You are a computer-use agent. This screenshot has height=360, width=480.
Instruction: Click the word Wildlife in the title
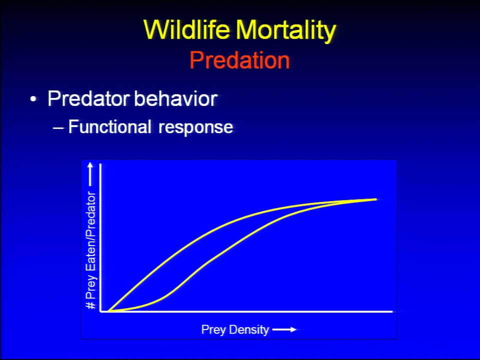[x=186, y=29]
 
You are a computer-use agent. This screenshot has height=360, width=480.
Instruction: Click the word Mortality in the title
[x=286, y=31]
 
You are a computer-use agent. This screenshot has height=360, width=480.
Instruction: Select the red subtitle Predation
[x=239, y=59]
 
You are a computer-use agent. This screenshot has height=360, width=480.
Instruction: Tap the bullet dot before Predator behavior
[x=33, y=99]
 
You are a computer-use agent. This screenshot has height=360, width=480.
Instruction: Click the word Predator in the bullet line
[x=88, y=98]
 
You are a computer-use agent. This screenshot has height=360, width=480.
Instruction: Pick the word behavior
[x=176, y=98]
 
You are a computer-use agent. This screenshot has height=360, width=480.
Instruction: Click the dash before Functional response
[x=58, y=127]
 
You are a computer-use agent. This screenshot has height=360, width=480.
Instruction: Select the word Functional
[x=109, y=126]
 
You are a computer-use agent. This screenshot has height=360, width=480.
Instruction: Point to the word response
[x=195, y=128]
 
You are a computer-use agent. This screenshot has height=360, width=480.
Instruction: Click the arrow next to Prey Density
[x=284, y=329]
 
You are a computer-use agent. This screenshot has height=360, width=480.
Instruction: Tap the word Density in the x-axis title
[x=248, y=330]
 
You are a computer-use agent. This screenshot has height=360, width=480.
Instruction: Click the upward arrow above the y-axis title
[x=90, y=174]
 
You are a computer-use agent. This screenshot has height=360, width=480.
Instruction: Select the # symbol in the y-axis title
[x=91, y=305]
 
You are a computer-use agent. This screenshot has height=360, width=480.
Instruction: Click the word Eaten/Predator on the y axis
[x=91, y=231]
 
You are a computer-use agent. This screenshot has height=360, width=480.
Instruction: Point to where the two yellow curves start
[x=108, y=310]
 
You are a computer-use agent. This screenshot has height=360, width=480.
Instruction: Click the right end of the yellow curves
[x=376, y=199]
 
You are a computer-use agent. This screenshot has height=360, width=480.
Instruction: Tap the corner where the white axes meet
[x=100, y=311]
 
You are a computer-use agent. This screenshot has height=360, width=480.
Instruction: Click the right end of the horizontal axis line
[x=392, y=311]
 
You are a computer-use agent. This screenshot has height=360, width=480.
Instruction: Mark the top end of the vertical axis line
[x=100, y=164]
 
